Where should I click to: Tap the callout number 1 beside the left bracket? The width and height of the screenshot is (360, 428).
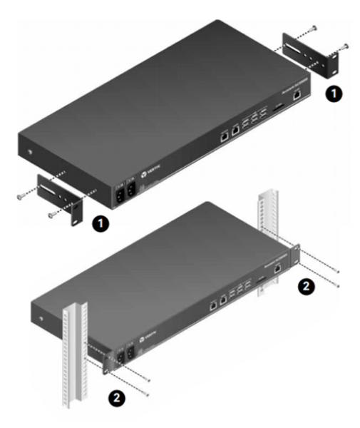[x=101, y=225]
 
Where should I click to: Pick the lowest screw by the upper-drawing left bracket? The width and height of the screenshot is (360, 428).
[x=51, y=215]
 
